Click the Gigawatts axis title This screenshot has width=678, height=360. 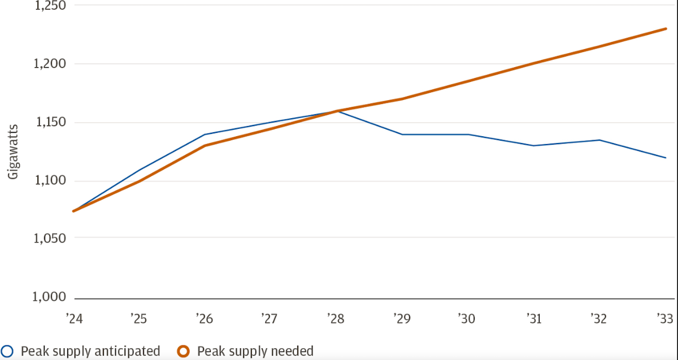point(13,151)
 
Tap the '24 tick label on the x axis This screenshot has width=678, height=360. point(74,319)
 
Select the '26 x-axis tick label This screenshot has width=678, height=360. point(204,319)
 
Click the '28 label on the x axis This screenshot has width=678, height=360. point(336,319)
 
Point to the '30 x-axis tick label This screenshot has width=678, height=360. point(467,319)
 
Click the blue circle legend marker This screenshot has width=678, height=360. point(8,351)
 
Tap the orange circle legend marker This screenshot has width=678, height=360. point(183,351)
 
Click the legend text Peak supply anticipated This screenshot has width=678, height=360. point(90,351)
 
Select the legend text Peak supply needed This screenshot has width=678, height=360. point(255,351)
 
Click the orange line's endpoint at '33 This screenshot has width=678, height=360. point(666,29)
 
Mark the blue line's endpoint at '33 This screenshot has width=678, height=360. point(666,158)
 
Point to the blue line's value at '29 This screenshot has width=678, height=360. point(402,135)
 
